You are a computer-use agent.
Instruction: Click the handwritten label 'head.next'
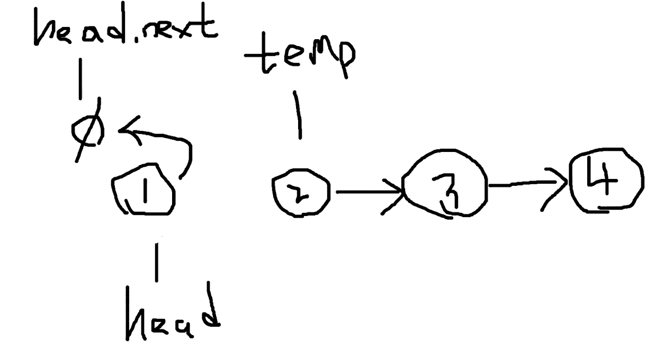[126, 24]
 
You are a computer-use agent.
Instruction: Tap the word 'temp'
[299, 56]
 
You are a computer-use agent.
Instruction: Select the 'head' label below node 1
[173, 311]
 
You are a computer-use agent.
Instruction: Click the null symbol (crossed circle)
[88, 130]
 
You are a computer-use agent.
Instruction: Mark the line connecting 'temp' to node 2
[298, 115]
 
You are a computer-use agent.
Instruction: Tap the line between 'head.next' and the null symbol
[80, 79]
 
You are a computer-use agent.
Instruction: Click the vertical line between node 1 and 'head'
[157, 262]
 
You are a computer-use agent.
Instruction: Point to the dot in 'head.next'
[137, 40]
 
